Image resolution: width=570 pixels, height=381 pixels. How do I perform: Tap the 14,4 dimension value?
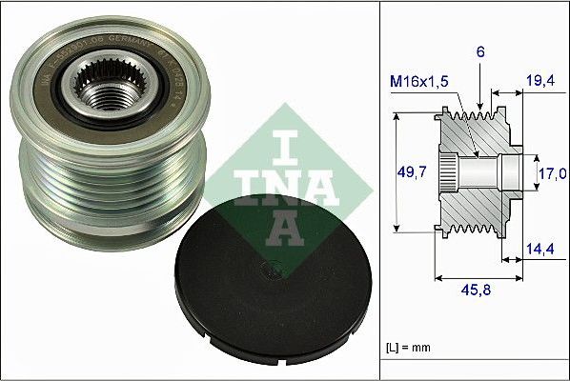point(541,251)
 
